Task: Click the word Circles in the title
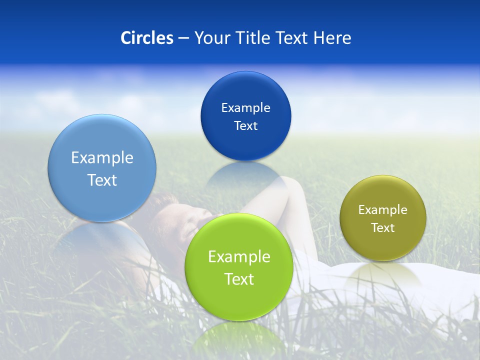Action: point(146,38)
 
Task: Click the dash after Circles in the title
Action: point(183,38)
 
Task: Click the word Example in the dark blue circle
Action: point(245,108)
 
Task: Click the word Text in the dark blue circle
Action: point(245,126)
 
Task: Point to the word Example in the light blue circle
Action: point(102,158)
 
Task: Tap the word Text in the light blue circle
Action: point(102,180)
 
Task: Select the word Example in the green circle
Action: point(239,257)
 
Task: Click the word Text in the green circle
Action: point(239,279)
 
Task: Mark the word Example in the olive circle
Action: point(382,210)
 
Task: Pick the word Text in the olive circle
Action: point(382,228)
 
